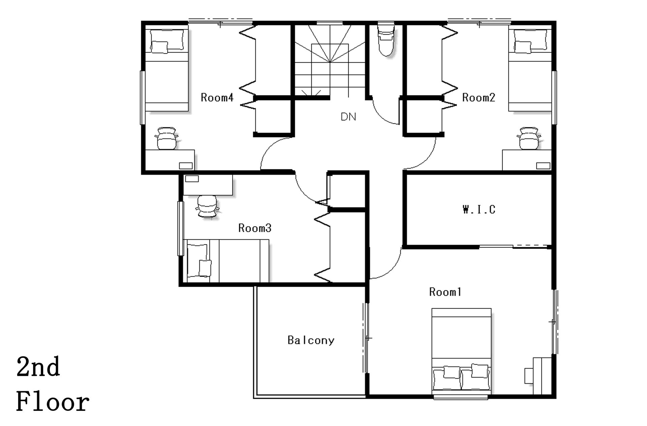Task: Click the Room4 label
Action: [x=217, y=97]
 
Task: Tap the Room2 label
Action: [x=479, y=97]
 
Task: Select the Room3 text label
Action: [x=255, y=228]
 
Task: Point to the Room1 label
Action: [x=445, y=292]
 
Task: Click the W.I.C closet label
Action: [x=479, y=209]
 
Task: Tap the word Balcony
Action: [x=311, y=340]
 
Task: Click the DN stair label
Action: [x=348, y=117]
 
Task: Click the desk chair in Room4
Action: [x=166, y=138]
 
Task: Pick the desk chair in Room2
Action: [x=529, y=138]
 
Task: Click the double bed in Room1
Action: [x=461, y=351]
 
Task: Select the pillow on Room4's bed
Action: [x=160, y=47]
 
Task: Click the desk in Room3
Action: [x=208, y=184]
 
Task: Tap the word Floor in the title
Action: [x=53, y=402]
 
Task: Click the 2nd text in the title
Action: [x=38, y=367]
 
